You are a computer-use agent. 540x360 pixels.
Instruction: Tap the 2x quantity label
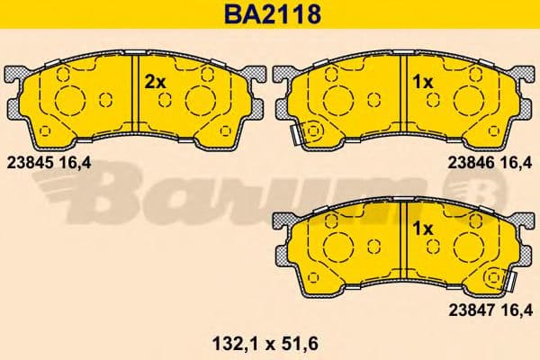tap(156, 81)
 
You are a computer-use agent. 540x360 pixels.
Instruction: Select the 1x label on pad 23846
tap(423, 81)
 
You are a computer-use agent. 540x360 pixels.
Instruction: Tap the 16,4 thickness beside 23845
tap(76, 163)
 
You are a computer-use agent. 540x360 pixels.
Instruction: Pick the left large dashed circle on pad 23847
tap(337, 245)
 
